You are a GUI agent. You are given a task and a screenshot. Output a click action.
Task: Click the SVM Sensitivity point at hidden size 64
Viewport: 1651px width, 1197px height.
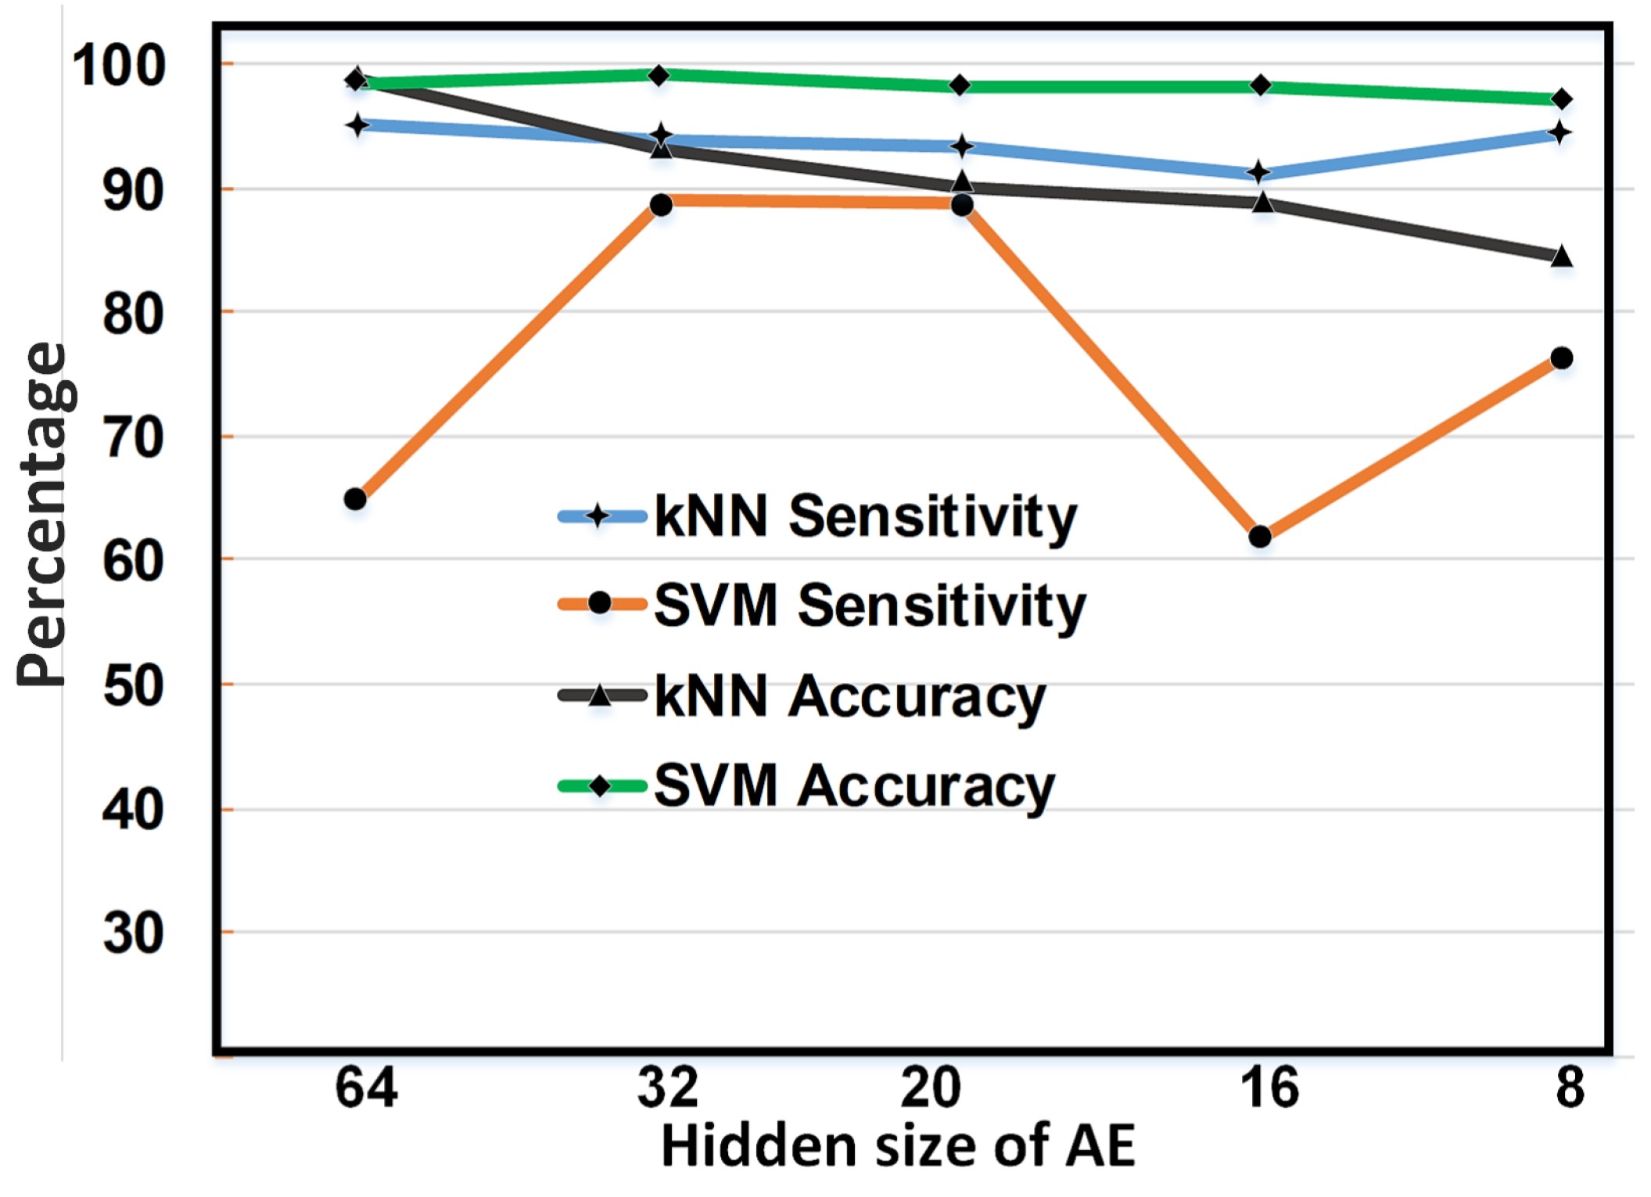[x=355, y=498]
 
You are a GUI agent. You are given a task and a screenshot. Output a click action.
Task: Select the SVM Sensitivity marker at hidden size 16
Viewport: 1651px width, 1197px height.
[x=1260, y=536]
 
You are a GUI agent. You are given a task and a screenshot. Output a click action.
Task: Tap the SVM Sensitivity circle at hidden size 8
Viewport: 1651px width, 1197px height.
[x=1561, y=358]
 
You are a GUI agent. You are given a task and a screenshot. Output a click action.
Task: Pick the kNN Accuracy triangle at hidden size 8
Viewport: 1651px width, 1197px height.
[x=1561, y=257]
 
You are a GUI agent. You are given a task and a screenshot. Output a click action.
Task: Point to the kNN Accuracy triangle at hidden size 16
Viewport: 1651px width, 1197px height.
[x=1262, y=203]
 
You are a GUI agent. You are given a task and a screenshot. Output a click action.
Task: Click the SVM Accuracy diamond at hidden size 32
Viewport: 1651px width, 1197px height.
[x=659, y=75]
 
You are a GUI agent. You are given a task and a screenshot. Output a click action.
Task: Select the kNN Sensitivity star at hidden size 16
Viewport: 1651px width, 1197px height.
[x=1259, y=172]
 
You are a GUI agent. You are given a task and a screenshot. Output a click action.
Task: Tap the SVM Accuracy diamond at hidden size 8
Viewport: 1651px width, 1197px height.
[x=1561, y=99]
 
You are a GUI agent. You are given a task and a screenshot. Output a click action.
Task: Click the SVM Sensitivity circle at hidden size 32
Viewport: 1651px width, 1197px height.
[x=661, y=205]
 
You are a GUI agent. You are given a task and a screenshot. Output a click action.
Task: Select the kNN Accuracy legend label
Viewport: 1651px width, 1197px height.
[x=849, y=696]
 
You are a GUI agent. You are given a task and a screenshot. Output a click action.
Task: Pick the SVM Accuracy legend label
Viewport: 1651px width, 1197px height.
[x=853, y=785]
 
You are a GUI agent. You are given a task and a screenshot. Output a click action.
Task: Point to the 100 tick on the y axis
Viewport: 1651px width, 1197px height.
[x=119, y=66]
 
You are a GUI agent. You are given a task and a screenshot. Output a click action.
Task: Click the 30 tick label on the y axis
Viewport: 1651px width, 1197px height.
[x=133, y=933]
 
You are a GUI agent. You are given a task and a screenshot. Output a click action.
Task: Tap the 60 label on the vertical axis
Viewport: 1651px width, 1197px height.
[x=133, y=560]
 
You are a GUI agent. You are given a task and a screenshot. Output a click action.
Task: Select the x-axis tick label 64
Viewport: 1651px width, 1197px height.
[x=366, y=1087]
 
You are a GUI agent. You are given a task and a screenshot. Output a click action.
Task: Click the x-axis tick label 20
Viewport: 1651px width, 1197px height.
[x=930, y=1087]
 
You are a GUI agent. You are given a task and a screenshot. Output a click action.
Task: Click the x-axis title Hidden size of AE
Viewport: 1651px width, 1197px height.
[x=898, y=1147]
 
